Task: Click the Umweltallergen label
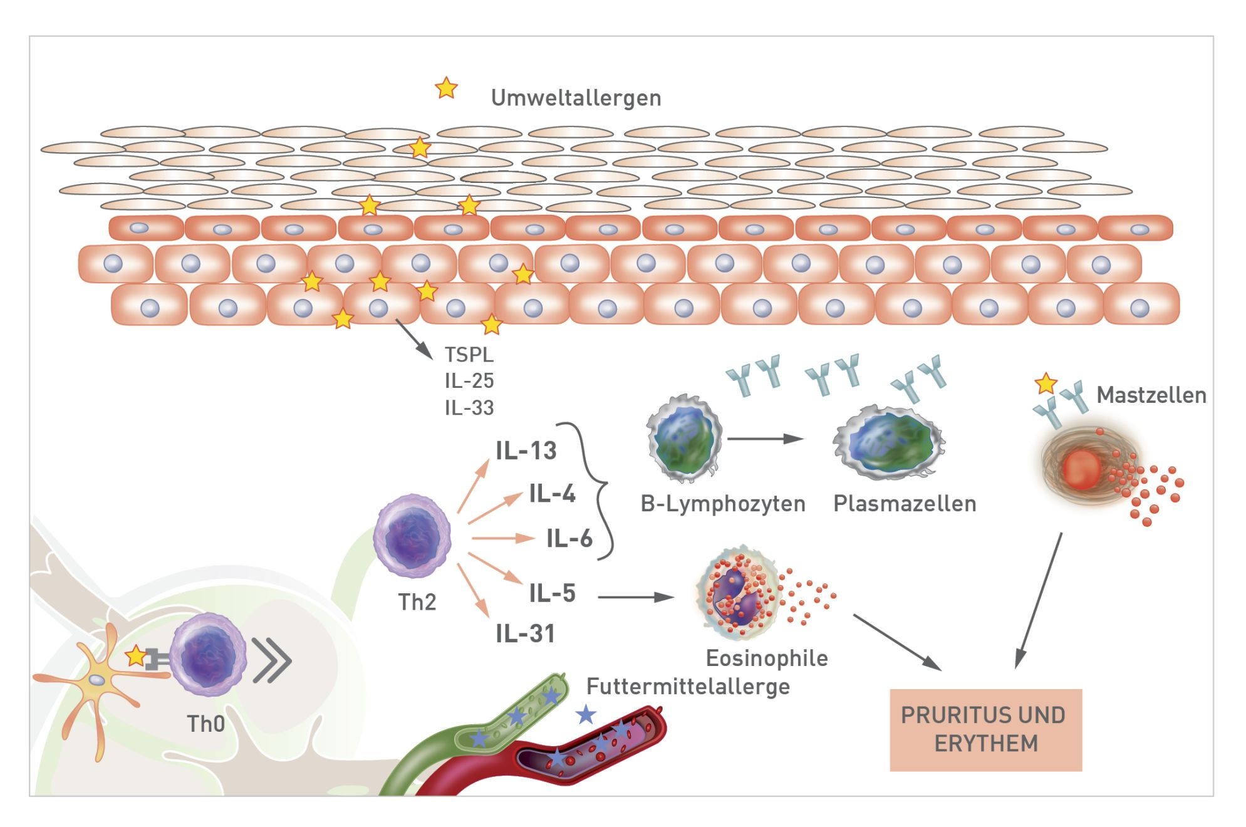575,98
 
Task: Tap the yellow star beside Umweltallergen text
446,88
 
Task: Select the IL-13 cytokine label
526,451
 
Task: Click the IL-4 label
552,494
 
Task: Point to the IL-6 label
569,538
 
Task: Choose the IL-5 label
552,593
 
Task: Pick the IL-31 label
525,634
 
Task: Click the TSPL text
469,355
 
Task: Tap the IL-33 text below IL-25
469,408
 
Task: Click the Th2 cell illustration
412,536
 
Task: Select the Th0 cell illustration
207,655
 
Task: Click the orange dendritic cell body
97,679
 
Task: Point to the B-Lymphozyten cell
684,439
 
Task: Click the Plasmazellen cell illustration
889,442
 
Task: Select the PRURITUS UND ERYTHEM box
985,729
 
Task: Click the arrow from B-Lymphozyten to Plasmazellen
766,439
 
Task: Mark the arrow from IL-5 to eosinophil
635,597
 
